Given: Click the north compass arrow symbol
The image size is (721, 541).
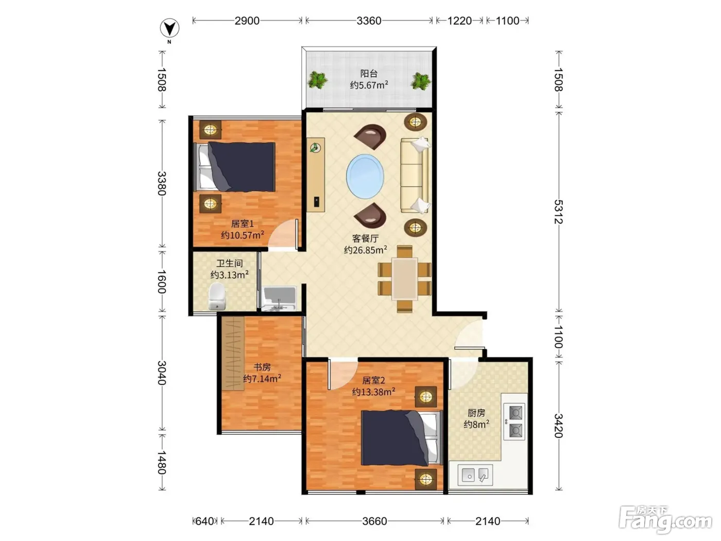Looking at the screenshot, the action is (x=169, y=28).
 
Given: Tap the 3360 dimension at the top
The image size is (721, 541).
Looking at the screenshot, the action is (x=369, y=21).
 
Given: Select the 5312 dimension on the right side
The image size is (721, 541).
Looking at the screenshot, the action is (x=558, y=212).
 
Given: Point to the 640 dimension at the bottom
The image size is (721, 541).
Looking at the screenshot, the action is (x=204, y=521).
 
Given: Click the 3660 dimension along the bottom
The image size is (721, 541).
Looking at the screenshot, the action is (x=374, y=521).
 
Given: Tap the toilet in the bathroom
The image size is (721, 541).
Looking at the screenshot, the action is (x=217, y=296).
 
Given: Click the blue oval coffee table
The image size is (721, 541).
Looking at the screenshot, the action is (x=365, y=176).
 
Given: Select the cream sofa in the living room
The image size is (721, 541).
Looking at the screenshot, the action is (x=415, y=175).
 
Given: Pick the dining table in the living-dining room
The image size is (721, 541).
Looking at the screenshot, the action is (x=405, y=279).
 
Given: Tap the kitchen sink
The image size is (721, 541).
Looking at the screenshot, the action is (x=475, y=475).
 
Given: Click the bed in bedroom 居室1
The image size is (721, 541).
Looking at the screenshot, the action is (x=234, y=167).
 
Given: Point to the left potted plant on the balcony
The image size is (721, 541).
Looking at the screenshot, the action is (x=317, y=80).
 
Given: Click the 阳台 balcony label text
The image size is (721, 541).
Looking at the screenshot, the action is (x=369, y=73).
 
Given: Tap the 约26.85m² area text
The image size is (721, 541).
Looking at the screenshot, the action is (x=365, y=250).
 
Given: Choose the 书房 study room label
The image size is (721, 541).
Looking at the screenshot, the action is (x=262, y=367).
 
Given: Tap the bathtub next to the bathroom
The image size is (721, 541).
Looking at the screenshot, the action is (x=280, y=299).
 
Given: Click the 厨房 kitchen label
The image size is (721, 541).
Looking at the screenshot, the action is (x=476, y=413).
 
